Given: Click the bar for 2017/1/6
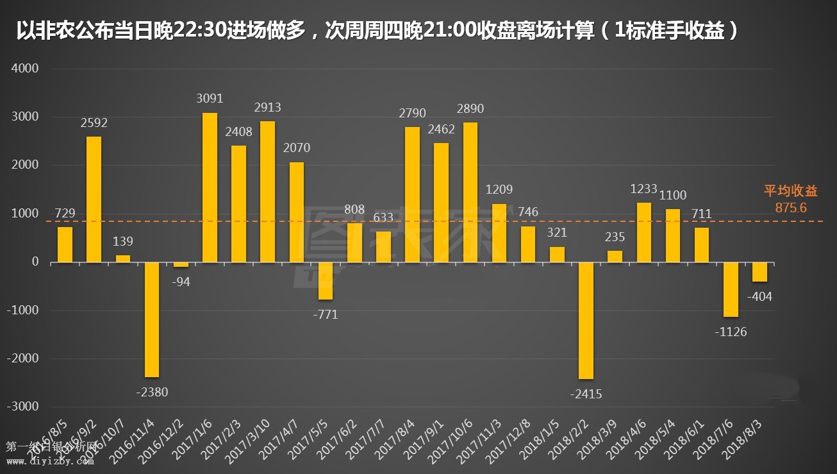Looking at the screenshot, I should (x=210, y=187).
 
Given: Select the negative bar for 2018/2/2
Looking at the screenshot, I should (x=586, y=320).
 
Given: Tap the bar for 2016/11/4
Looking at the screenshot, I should (x=152, y=319).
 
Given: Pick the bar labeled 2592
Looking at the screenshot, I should (x=94, y=199).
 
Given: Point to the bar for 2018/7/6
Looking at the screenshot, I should (x=731, y=289).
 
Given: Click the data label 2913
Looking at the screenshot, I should (x=267, y=108).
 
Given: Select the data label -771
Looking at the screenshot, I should (x=326, y=315).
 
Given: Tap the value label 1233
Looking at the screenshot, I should (x=644, y=189).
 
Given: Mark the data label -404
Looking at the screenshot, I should (x=760, y=297).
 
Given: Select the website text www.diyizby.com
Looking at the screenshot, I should (x=51, y=461).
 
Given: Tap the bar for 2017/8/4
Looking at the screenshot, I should (x=412, y=194).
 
